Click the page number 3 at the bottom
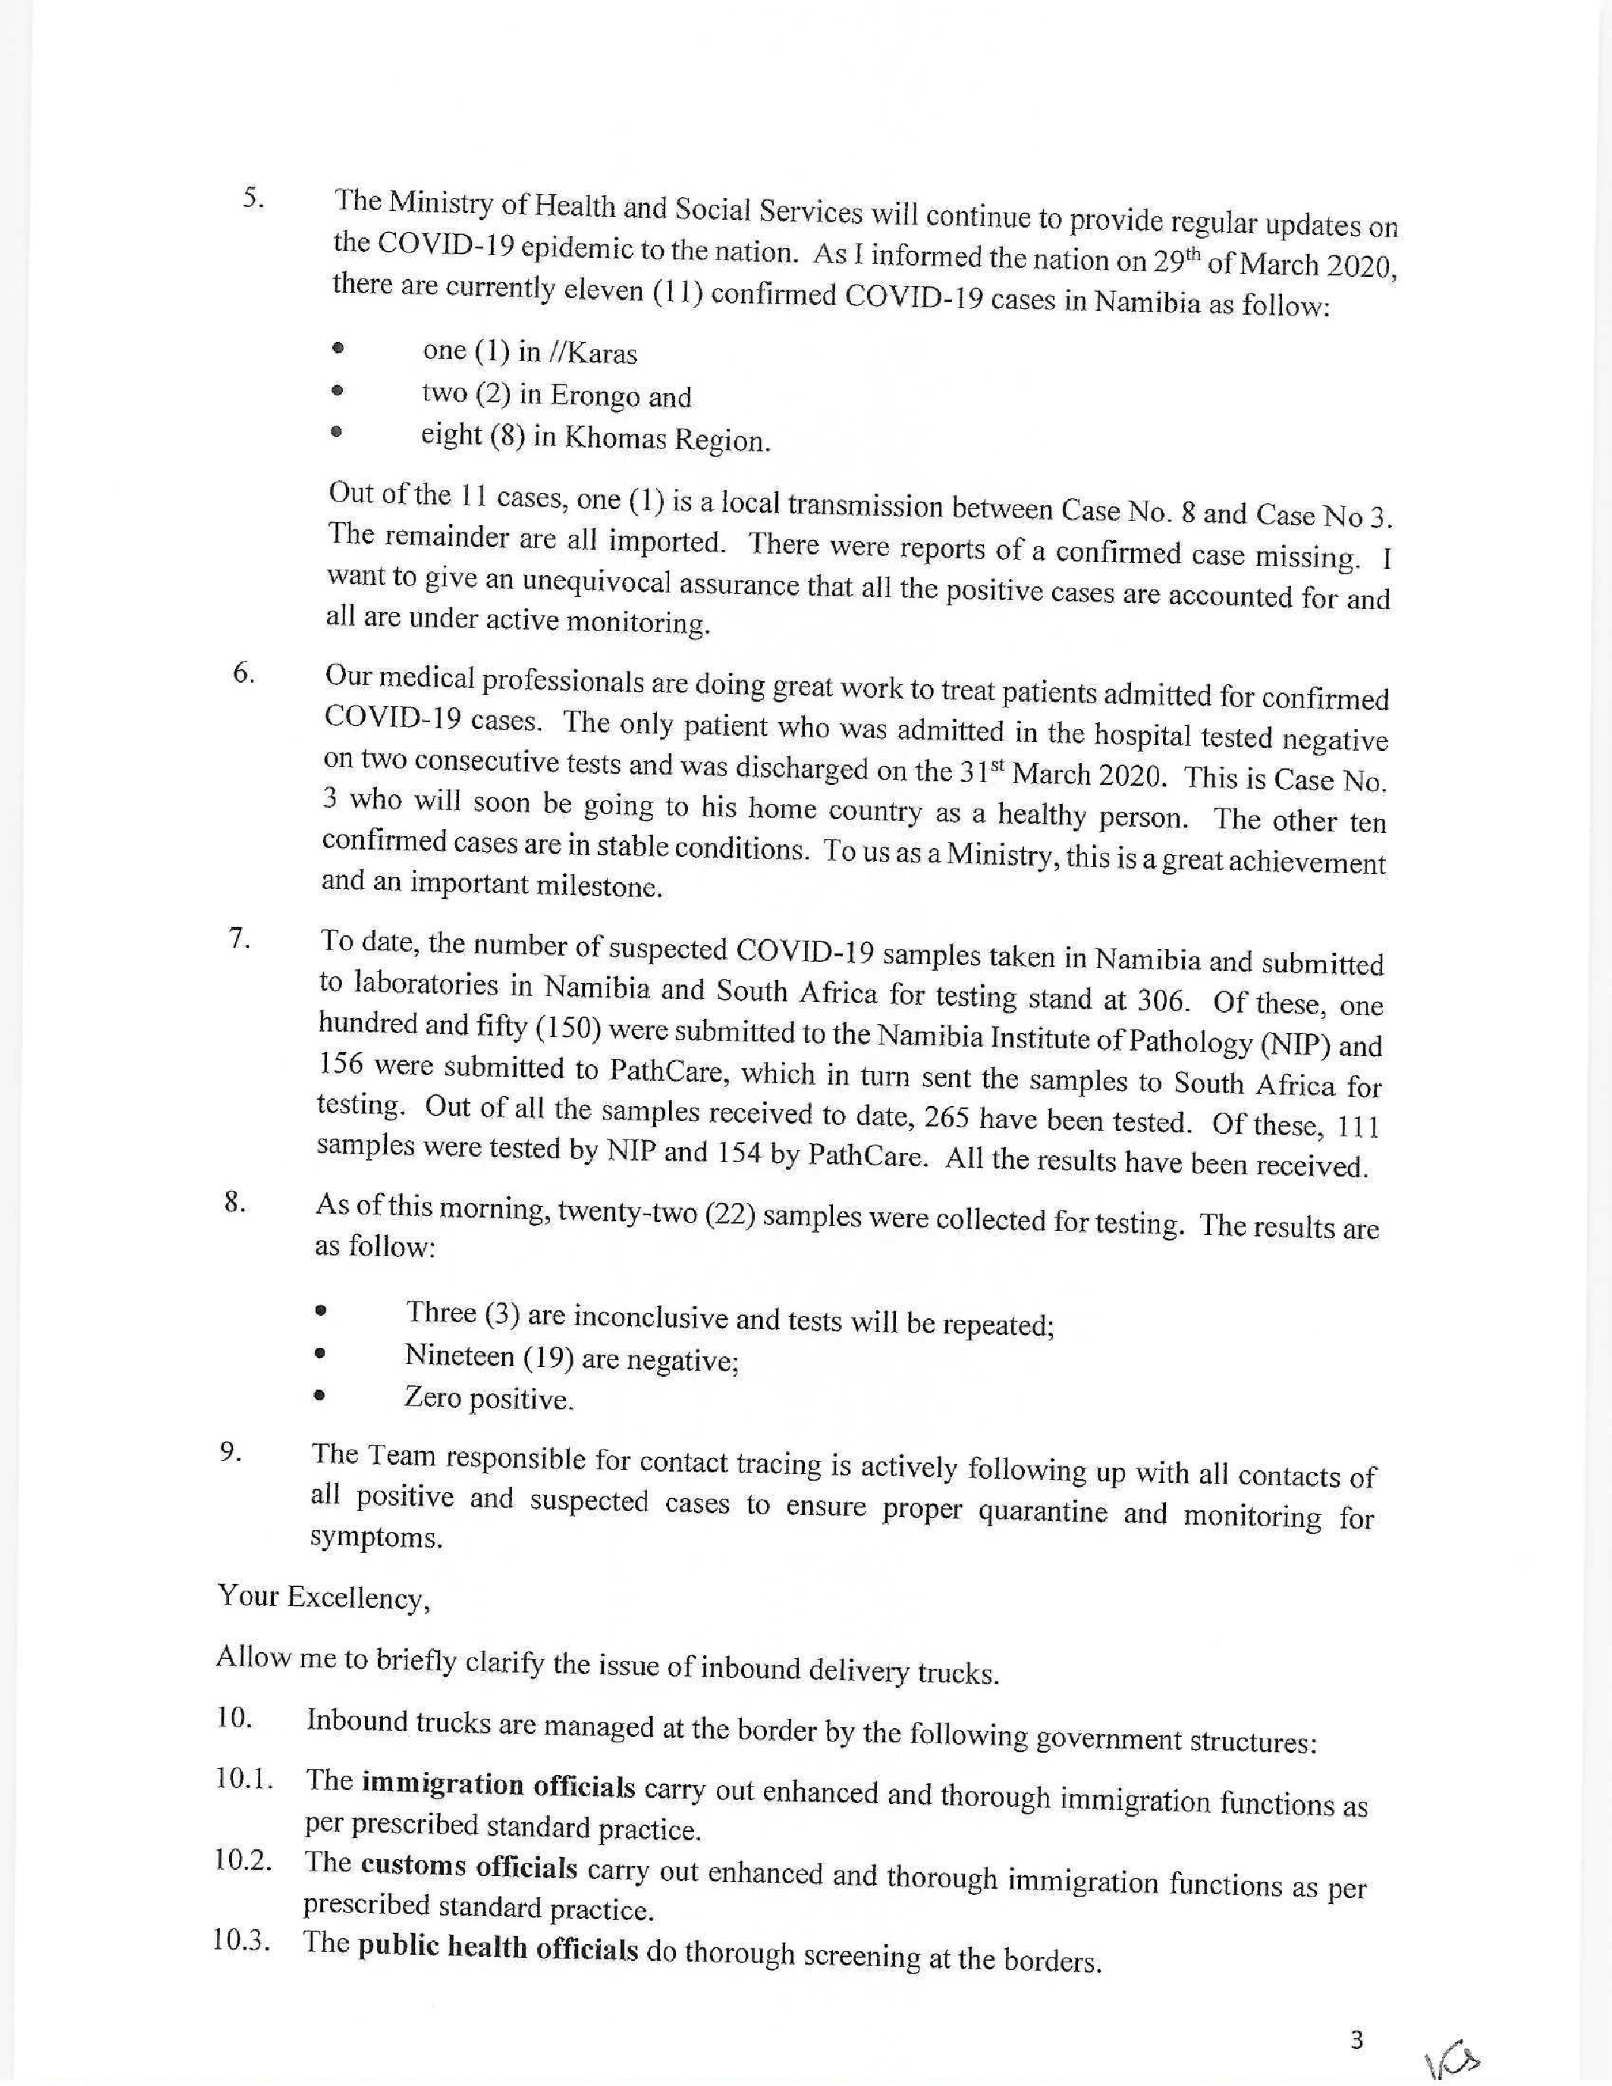1356,2041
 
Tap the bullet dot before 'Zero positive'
320,1396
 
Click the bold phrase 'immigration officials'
498,1784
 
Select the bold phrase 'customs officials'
469,1865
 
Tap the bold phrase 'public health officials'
498,1947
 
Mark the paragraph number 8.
236,1202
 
